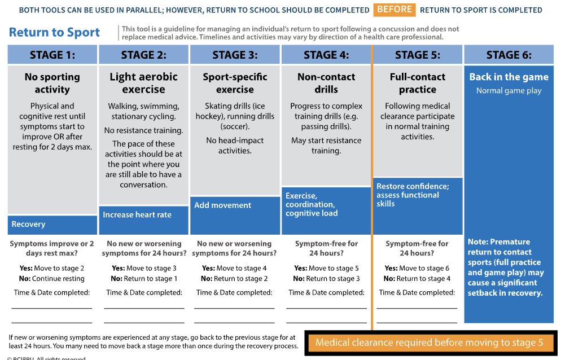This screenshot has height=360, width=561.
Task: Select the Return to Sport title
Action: click(54, 32)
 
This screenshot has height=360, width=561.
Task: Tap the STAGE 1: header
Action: click(52, 55)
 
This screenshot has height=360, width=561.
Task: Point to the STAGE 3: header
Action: click(235, 55)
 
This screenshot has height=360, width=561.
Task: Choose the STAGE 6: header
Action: click(509, 55)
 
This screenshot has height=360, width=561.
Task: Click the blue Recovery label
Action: click(28, 224)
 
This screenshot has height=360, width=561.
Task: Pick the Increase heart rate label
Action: click(137, 214)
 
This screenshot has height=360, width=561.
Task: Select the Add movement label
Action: click(223, 205)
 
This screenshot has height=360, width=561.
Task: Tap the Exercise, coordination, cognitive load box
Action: click(312, 204)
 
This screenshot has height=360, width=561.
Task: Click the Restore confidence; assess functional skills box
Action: click(413, 195)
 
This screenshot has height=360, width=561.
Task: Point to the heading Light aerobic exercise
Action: click(143, 83)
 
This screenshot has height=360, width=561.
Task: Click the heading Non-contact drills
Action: click(326, 83)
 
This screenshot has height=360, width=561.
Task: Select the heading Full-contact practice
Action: click(418, 83)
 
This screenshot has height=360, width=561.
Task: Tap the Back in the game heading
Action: click(509, 77)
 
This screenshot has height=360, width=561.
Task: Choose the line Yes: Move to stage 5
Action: click(326, 268)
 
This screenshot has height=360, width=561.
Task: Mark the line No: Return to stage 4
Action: click(417, 278)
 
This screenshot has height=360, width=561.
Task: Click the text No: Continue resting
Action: click(52, 278)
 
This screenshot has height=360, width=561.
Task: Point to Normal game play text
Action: click(509, 90)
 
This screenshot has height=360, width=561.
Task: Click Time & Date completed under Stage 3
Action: click(234, 292)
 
